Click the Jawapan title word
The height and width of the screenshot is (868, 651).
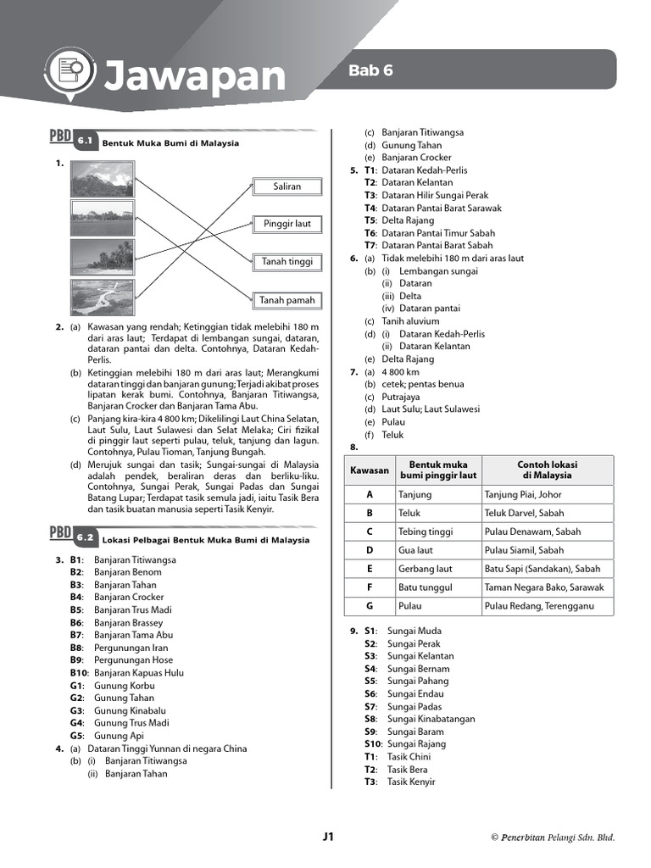(x=194, y=77)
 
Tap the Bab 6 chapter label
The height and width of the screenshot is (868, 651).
(x=370, y=71)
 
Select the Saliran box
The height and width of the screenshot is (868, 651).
(x=287, y=186)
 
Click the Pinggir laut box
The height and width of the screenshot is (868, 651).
(x=287, y=225)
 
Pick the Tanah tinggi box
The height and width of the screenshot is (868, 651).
(x=287, y=263)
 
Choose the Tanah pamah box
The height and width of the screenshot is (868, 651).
(x=287, y=300)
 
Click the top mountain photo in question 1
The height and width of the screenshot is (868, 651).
(x=102, y=180)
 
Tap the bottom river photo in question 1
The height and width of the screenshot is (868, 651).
(x=102, y=298)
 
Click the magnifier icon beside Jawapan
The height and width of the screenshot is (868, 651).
(x=70, y=72)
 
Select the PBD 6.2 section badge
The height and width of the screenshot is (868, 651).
(x=72, y=536)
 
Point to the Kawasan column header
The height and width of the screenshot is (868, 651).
(x=369, y=470)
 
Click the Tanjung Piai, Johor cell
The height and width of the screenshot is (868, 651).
(x=522, y=494)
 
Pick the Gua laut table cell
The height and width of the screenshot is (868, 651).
(x=416, y=550)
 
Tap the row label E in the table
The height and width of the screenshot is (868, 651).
(x=370, y=569)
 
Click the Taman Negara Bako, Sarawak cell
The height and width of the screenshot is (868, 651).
(x=544, y=587)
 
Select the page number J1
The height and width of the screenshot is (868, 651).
(x=329, y=837)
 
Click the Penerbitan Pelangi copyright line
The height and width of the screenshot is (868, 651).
(x=553, y=837)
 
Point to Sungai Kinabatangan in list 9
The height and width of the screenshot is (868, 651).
(x=431, y=719)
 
